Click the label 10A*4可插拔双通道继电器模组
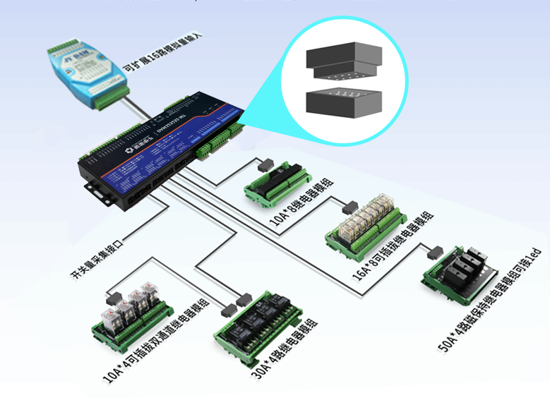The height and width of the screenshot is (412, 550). click(x=155, y=339)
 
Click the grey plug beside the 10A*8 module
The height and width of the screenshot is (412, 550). click(x=265, y=165)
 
